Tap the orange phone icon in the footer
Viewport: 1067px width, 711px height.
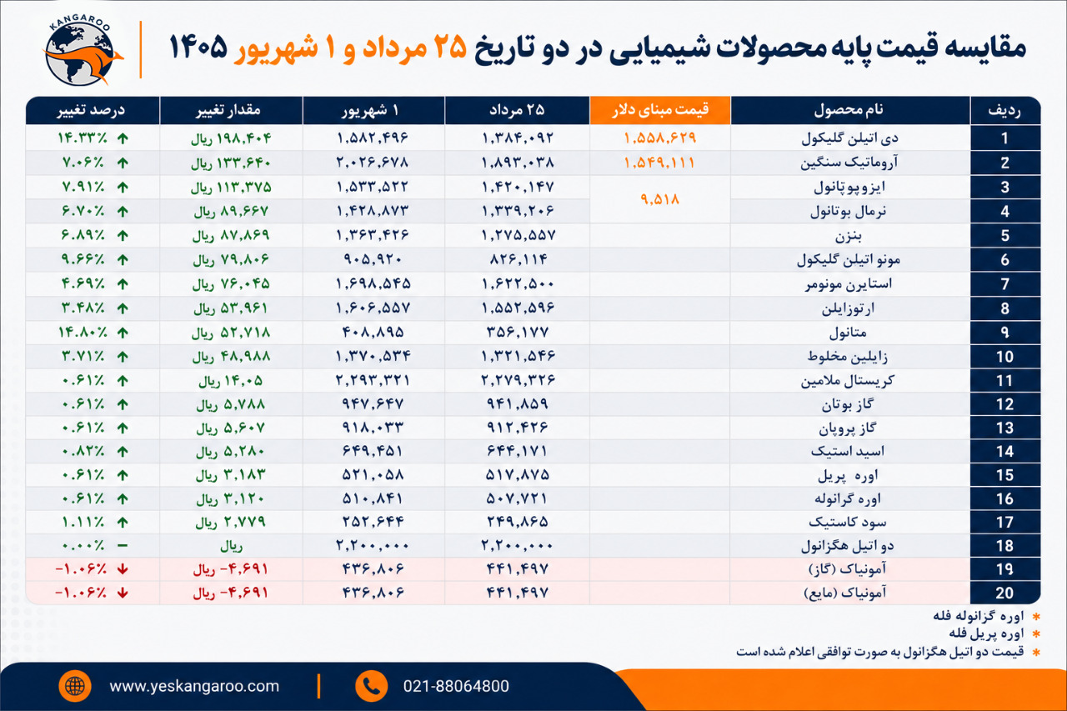coord(371,686)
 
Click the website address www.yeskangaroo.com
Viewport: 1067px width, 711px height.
coord(194,686)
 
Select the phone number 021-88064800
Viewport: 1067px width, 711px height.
coord(456,686)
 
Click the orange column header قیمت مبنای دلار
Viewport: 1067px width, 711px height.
coord(660,111)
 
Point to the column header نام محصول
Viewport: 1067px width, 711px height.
coord(849,110)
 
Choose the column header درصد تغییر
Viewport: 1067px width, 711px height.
coord(91,111)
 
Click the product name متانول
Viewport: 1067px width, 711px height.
coord(848,333)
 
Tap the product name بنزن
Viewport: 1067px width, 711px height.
coord(848,236)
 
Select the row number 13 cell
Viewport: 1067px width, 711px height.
coord(1004,428)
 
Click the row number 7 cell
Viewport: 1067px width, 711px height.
coord(1004,284)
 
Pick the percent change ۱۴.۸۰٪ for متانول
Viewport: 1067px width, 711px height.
coord(82,332)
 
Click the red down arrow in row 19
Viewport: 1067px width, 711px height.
coord(123,569)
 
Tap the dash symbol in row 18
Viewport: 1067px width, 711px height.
coord(123,545)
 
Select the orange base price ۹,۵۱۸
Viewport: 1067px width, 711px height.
coord(659,199)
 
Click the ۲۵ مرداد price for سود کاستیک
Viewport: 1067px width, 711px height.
coord(518,522)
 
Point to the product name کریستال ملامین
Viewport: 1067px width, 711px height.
coord(848,380)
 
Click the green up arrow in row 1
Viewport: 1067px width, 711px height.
coord(123,138)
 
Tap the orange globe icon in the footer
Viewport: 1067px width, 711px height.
coord(75,686)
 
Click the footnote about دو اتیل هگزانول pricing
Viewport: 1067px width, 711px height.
coord(879,652)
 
